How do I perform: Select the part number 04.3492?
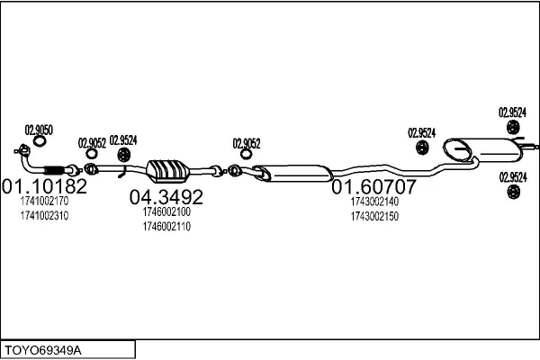(x=166, y=196)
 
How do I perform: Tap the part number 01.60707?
(x=373, y=187)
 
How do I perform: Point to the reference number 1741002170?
(x=43, y=202)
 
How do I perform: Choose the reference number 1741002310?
(x=43, y=216)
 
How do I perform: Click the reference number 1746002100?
(x=166, y=211)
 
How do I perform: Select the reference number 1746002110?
(x=166, y=226)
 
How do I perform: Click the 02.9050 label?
(x=39, y=130)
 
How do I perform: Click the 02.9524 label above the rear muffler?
(x=513, y=112)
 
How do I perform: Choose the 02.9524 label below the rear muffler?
(x=513, y=177)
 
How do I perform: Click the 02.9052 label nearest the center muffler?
(x=247, y=142)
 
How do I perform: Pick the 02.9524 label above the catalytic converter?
(x=123, y=139)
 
